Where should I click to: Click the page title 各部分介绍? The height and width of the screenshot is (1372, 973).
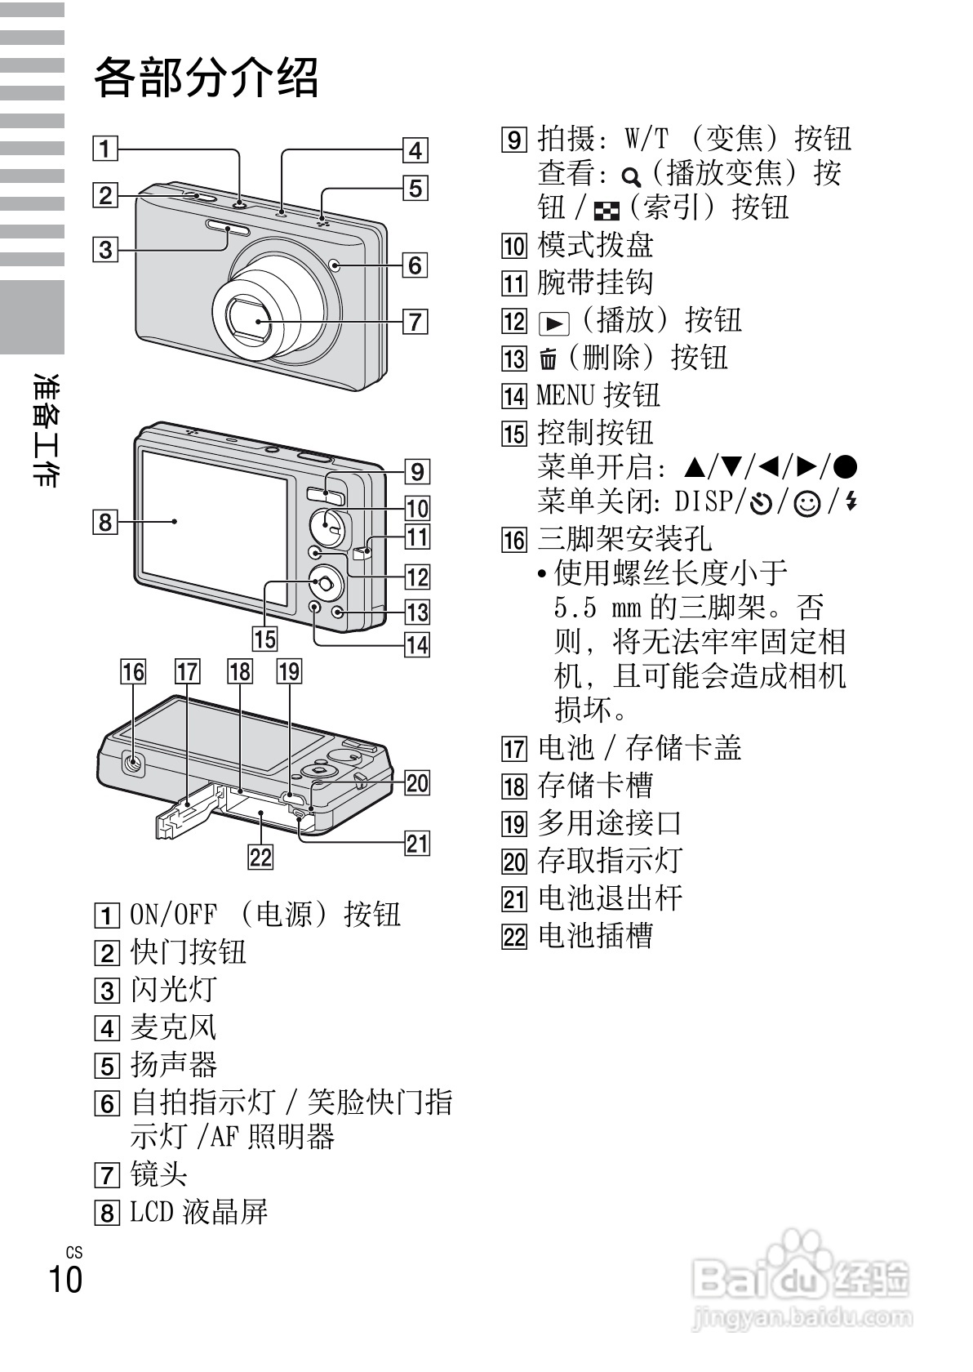206,78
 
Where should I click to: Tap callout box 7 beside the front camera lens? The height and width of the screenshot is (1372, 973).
415,320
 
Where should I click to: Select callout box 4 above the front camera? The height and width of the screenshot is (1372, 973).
415,150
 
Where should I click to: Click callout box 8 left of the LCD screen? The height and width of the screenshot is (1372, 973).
105,520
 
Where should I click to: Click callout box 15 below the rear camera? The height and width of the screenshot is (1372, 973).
264,638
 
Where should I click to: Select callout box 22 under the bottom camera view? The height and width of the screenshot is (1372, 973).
260,857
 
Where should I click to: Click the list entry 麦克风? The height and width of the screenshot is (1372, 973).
173,1027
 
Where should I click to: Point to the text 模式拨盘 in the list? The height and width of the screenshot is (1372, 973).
595,245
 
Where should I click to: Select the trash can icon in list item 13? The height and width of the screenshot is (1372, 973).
549,359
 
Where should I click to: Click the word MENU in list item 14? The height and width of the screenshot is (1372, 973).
565,395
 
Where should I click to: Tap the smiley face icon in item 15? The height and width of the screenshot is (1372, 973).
807,503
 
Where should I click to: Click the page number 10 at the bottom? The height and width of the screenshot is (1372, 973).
65,1278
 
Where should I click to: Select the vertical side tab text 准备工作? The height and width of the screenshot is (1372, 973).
46,430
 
